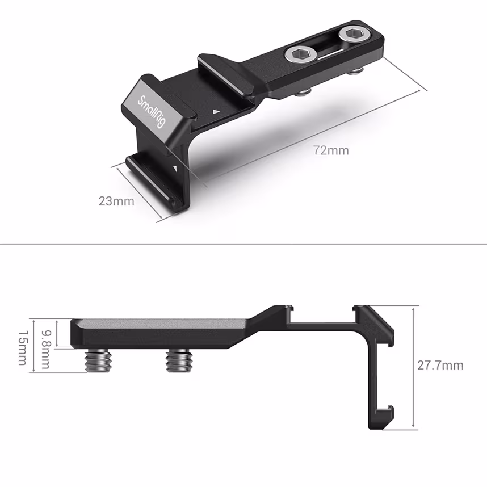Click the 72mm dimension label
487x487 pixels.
pyautogui.click(x=331, y=150)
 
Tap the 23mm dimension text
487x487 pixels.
pyautogui.click(x=116, y=201)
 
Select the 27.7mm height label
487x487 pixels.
pyautogui.click(x=440, y=365)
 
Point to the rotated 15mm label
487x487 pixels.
pyautogui.click(x=22, y=349)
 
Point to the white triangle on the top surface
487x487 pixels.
pyautogui.click(x=215, y=112)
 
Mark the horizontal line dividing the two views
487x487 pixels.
pyautogui.click(x=244, y=245)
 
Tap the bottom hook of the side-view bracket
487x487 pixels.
pyautogui.click(x=386, y=413)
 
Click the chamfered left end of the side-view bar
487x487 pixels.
pyautogui.click(x=74, y=333)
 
